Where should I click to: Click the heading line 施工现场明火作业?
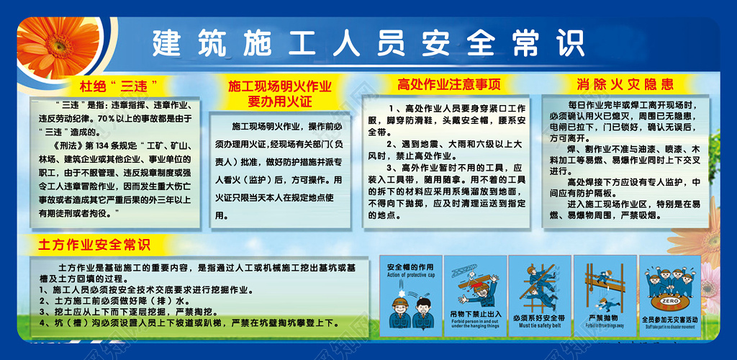280,86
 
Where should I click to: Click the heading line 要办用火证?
280,101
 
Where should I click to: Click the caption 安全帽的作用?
410,267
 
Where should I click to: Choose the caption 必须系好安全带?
539,317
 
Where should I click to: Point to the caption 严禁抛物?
603,317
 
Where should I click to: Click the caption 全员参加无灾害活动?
669,318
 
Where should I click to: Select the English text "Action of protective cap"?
411,275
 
